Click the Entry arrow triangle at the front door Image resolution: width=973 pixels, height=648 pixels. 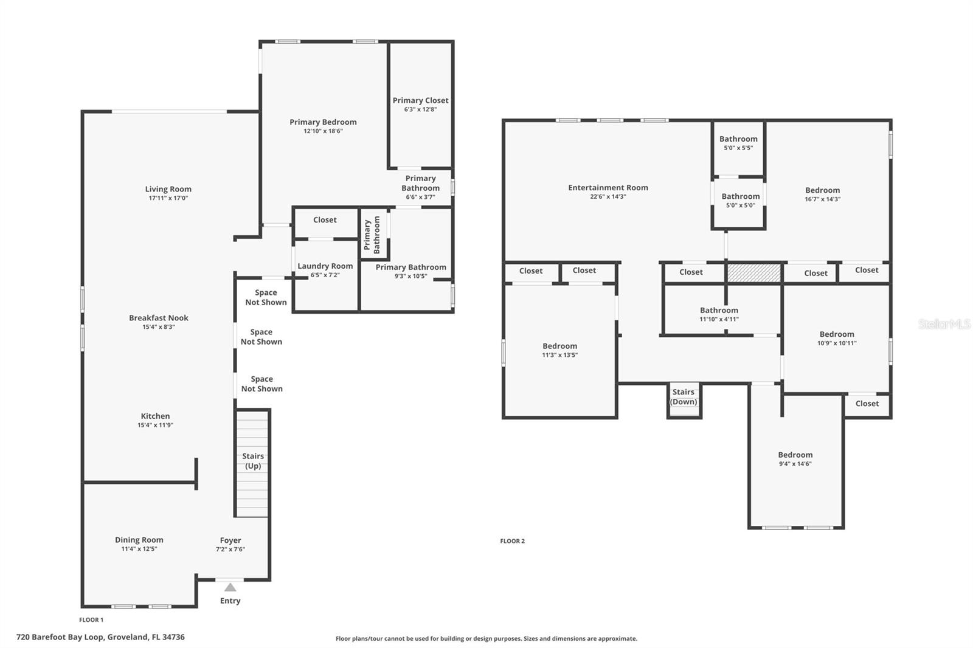coord(230,587)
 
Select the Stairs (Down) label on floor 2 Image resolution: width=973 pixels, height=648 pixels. coord(684,397)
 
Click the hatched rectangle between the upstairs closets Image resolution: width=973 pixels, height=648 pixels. coord(754,273)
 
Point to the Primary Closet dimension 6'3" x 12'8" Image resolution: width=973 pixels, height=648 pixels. coord(420,109)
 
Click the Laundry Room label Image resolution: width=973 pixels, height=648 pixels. coord(325,266)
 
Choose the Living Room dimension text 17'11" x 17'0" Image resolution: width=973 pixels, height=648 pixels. coord(168,198)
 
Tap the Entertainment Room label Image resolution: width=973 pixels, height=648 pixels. coord(608,188)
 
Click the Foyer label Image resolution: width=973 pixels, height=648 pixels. coord(230,540)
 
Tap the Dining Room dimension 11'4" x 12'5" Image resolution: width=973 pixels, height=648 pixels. coord(139,549)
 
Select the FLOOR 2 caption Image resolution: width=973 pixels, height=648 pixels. coord(512,541)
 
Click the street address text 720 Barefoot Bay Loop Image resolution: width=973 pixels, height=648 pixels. coord(100,637)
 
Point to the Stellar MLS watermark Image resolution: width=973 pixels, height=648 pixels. coord(944,324)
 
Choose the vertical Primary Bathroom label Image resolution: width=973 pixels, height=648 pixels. coord(372,235)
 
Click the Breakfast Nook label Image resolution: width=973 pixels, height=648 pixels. coord(159,318)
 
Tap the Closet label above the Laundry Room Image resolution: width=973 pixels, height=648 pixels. coord(325,220)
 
